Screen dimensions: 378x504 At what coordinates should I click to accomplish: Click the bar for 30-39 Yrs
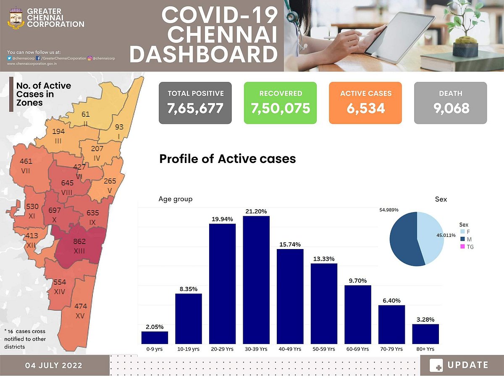click(x=256, y=280)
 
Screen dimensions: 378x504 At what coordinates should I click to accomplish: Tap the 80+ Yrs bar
click(x=425, y=333)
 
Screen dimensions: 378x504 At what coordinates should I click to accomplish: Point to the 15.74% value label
click(x=290, y=244)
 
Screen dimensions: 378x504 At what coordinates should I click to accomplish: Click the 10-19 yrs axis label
click(x=189, y=349)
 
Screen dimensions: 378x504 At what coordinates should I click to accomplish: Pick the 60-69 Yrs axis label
click(x=357, y=349)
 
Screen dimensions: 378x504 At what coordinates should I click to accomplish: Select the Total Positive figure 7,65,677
click(x=195, y=108)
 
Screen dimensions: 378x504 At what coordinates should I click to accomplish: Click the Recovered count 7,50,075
click(x=281, y=108)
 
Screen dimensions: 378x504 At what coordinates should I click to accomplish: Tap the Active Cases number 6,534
click(x=365, y=108)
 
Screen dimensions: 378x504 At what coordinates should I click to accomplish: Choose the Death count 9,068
click(x=451, y=108)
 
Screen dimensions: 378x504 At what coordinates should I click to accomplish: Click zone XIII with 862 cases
click(x=79, y=246)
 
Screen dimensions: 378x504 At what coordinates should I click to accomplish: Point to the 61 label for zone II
click(x=86, y=114)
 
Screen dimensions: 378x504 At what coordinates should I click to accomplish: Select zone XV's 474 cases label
click(x=80, y=307)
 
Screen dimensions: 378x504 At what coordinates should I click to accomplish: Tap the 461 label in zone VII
click(x=26, y=161)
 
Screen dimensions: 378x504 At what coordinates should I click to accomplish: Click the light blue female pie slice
click(x=430, y=237)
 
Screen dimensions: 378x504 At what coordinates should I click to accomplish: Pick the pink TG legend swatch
click(x=462, y=247)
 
